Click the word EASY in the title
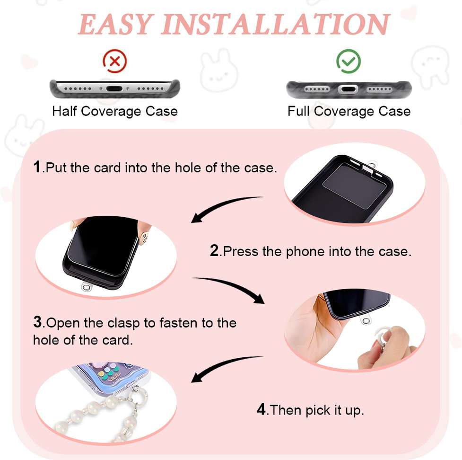(x=115, y=24)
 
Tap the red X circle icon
(x=114, y=61)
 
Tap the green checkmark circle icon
(x=349, y=61)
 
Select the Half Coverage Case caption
(x=115, y=112)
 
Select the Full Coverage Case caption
(x=349, y=112)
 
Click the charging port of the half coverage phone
(x=114, y=88)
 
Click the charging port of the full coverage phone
(x=348, y=89)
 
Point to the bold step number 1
(x=37, y=167)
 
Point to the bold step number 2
(x=215, y=251)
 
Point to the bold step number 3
(x=38, y=322)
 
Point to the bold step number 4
(x=262, y=409)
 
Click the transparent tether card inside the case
(x=354, y=186)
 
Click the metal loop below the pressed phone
(x=86, y=287)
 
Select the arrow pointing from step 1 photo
(x=221, y=206)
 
